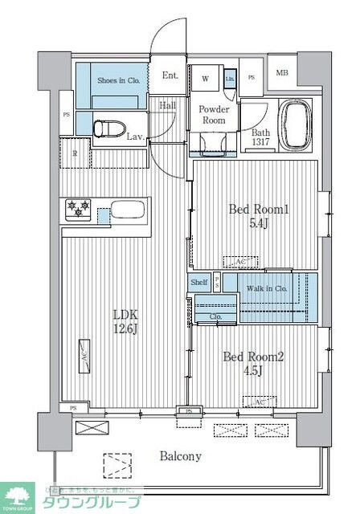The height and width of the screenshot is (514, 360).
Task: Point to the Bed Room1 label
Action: [258, 216]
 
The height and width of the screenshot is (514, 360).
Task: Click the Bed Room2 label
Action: [258, 365]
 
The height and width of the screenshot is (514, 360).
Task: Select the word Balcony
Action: [179, 455]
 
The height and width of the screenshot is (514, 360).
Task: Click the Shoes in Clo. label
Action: [118, 80]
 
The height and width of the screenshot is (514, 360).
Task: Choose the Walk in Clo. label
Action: [267, 288]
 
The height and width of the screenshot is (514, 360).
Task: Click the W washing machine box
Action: [206, 78]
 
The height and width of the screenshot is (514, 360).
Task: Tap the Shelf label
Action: [198, 282]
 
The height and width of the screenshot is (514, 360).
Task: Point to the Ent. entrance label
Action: [170, 75]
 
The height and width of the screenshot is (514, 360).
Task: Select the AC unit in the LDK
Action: [83, 353]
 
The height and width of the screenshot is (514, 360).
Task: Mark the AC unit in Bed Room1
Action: [240, 263]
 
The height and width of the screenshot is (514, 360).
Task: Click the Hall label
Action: [167, 105]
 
